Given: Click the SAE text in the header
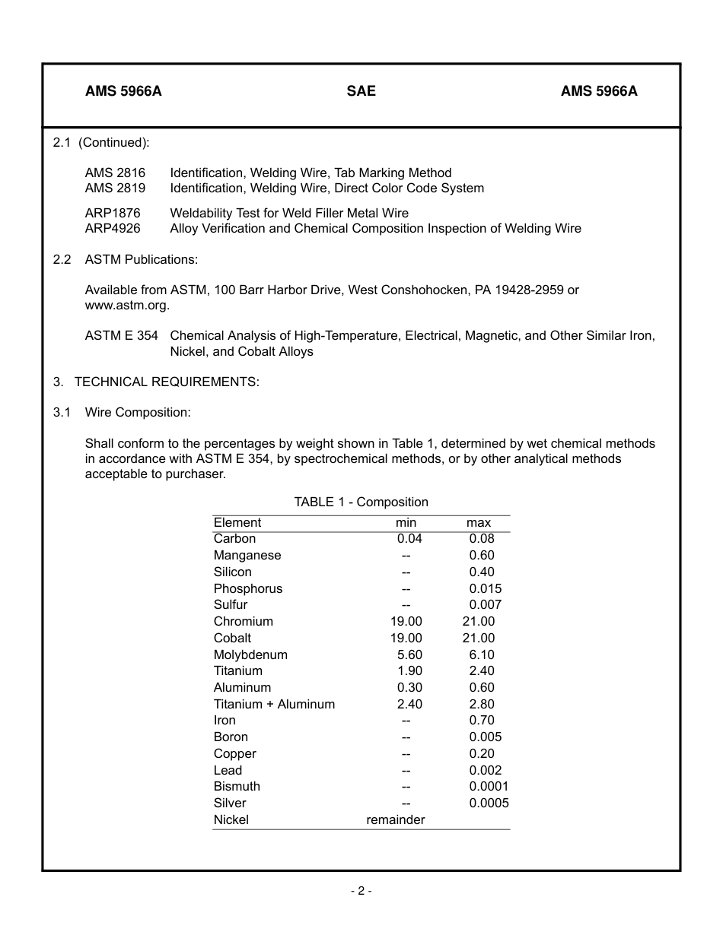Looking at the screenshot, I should tap(361, 91).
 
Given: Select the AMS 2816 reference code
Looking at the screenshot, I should tap(115, 173).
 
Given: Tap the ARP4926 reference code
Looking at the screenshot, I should tap(113, 228).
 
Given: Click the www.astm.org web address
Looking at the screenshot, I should tap(126, 306).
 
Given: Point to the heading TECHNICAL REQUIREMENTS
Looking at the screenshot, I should tap(167, 382).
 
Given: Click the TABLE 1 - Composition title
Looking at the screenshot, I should tap(361, 502).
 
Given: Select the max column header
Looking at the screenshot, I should tap(479, 523).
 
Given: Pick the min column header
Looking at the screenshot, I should tap(406, 523).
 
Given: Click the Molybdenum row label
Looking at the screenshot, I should tap(250, 654).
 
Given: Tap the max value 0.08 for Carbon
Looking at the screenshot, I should tap(482, 539).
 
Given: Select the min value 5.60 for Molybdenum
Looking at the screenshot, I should tap(409, 654).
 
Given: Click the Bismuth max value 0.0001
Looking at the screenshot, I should tap(489, 786).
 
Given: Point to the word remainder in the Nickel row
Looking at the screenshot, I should tap(396, 819).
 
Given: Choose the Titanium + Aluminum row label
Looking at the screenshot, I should tap(274, 704).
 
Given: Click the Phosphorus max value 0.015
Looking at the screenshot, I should tap(486, 588).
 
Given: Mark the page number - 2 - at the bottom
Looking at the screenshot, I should tap(361, 891).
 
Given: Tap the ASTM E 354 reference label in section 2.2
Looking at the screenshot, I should tap(122, 335).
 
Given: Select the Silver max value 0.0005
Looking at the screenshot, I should tap(489, 803).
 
